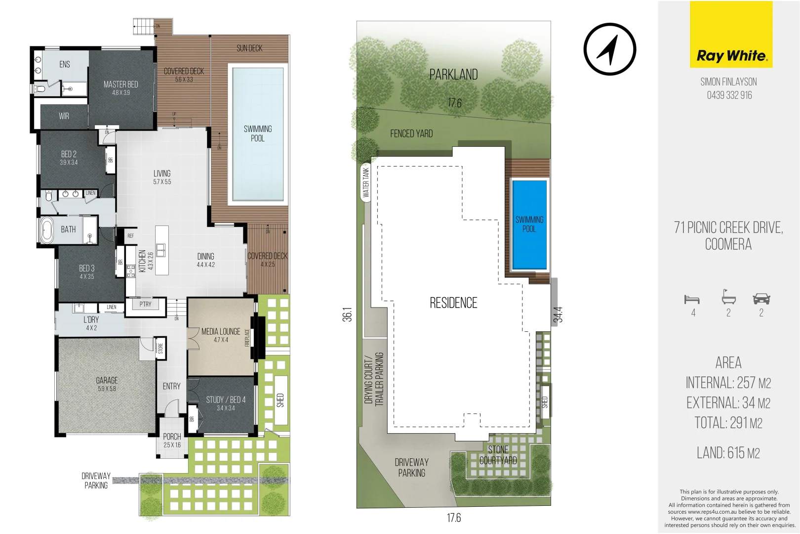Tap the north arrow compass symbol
point(609,49)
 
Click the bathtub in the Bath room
point(47,230)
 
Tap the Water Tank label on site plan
point(366,182)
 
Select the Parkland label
point(453,75)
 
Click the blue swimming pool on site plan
point(529,224)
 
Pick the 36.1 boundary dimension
point(347,314)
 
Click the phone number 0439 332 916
point(729,95)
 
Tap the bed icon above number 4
point(692,299)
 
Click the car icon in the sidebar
point(761,299)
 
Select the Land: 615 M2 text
point(728,452)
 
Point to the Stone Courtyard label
point(498,455)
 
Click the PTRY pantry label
point(145,305)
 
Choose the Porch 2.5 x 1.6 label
point(172,440)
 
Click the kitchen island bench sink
point(161,250)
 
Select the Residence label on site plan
point(453,303)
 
